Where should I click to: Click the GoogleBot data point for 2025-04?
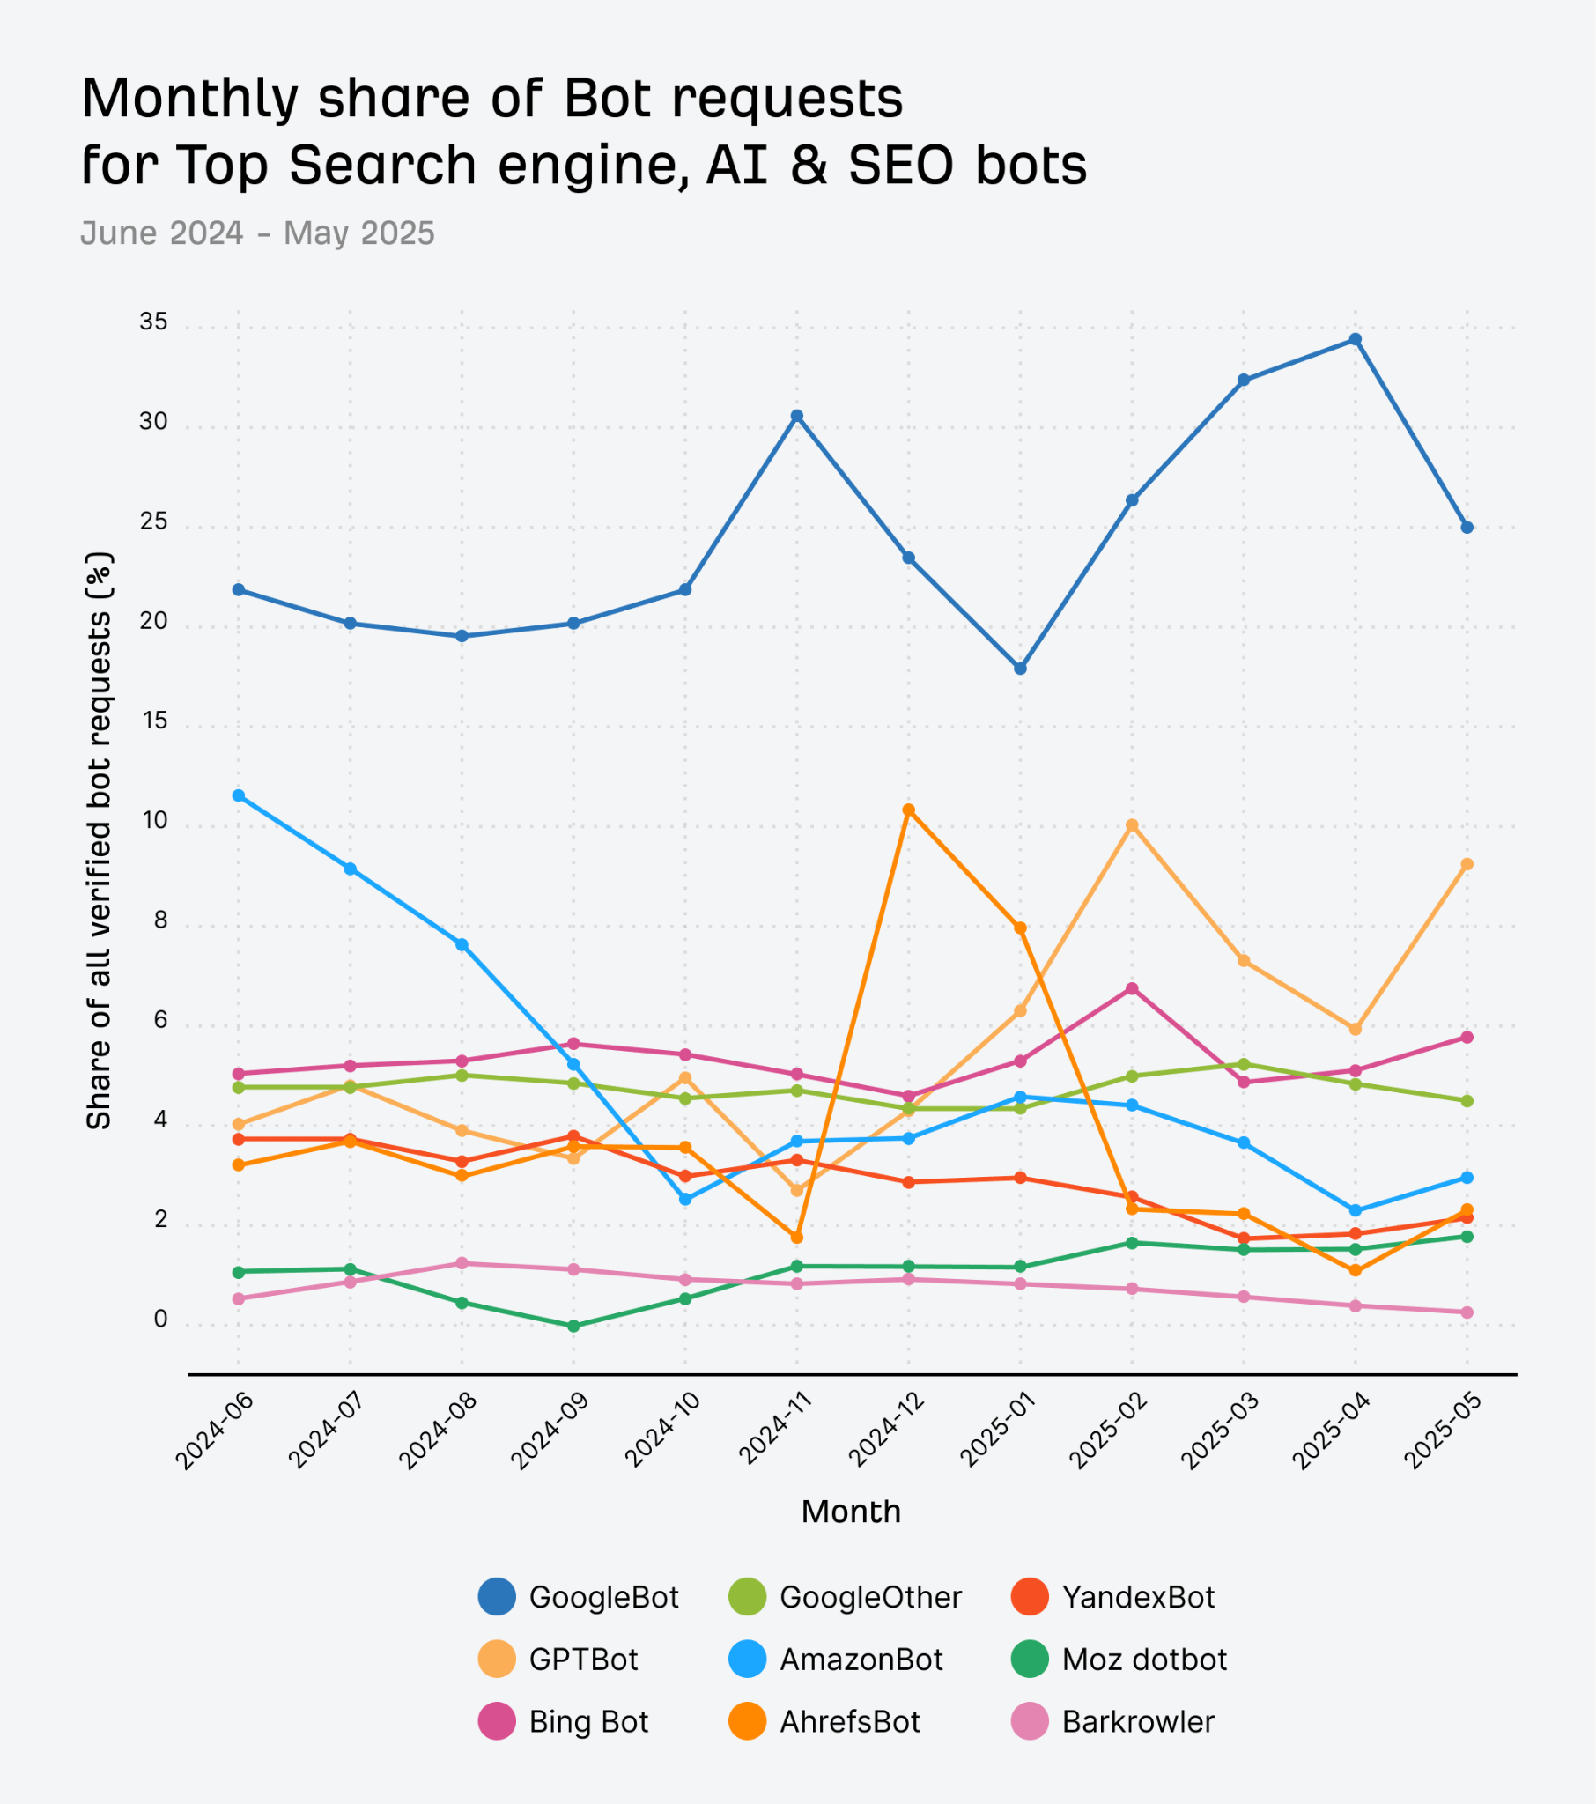tap(1355, 340)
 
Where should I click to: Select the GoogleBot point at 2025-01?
tap(1020, 669)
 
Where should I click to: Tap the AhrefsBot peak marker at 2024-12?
tap(908, 810)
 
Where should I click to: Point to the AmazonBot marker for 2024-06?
tap(239, 795)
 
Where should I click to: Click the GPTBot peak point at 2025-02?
tap(1132, 825)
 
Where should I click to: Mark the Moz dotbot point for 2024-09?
tap(573, 1326)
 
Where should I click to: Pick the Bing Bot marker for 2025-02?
tap(1132, 988)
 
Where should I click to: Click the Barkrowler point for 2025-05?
tap(1467, 1312)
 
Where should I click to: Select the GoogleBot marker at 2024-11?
tap(796, 416)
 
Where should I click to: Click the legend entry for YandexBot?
tap(1137, 1598)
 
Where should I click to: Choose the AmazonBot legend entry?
tap(861, 1660)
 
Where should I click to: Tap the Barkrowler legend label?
tap(1138, 1722)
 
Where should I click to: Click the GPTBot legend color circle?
tap(497, 1660)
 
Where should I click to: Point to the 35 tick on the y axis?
tap(152, 322)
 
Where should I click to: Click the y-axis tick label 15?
tap(152, 721)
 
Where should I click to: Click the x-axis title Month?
tap(851, 1512)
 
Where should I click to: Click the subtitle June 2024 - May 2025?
tap(258, 233)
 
